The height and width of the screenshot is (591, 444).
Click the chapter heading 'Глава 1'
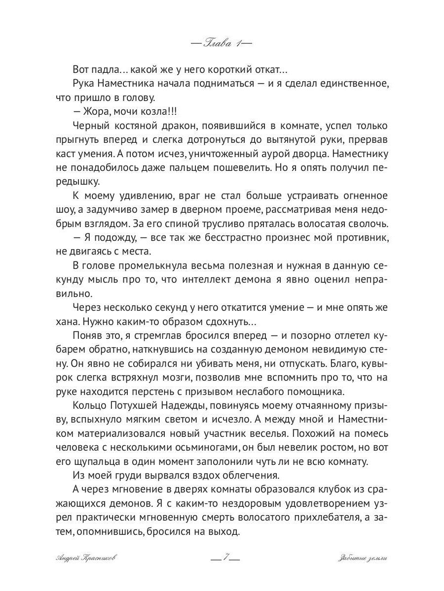coord(222,43)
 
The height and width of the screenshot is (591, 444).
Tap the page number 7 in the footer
coord(224,558)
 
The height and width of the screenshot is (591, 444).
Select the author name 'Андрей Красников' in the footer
coord(87,558)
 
